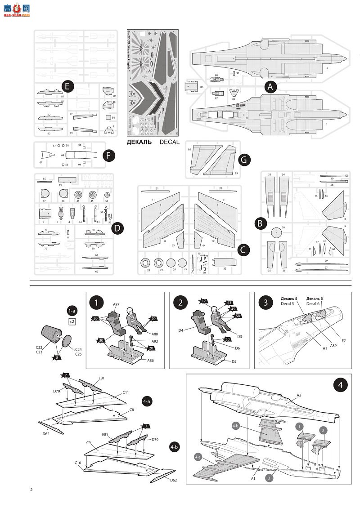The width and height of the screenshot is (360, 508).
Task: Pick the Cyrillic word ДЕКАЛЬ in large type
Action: (142, 142)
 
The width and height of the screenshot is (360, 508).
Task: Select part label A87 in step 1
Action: (116, 304)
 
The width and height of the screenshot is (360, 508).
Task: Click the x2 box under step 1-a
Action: (72, 322)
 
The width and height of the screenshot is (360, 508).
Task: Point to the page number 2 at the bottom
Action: (31, 490)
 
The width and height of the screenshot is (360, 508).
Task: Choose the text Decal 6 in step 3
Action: (314, 303)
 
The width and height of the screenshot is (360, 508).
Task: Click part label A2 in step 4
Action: (299, 395)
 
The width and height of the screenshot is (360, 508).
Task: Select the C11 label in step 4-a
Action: (126, 392)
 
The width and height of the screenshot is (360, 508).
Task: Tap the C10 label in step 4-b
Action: (78, 462)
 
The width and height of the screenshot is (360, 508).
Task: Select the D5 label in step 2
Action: (234, 361)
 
